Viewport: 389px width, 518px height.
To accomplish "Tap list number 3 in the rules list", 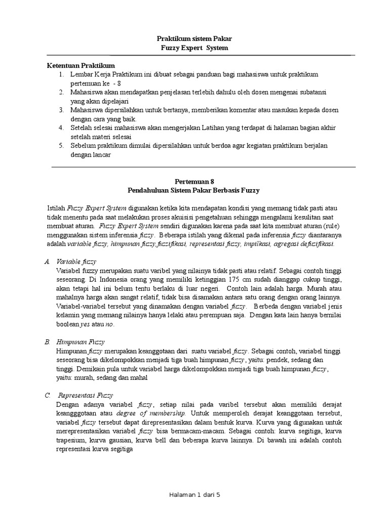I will coord(61,110).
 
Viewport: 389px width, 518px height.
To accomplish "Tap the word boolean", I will coord(68,325).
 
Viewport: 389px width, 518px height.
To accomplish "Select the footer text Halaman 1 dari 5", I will coord(194,495).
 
